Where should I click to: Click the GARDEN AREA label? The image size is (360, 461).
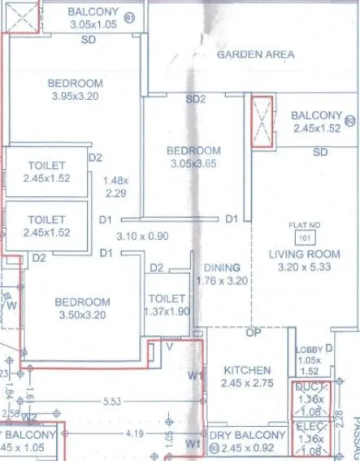255,54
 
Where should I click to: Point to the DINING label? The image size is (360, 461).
221,268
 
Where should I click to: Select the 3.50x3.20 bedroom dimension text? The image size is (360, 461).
82,315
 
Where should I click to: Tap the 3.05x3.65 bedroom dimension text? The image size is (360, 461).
193,163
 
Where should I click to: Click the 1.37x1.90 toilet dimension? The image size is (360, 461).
167,311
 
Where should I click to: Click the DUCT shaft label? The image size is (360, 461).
311,388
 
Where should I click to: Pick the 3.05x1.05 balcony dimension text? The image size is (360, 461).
93,24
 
